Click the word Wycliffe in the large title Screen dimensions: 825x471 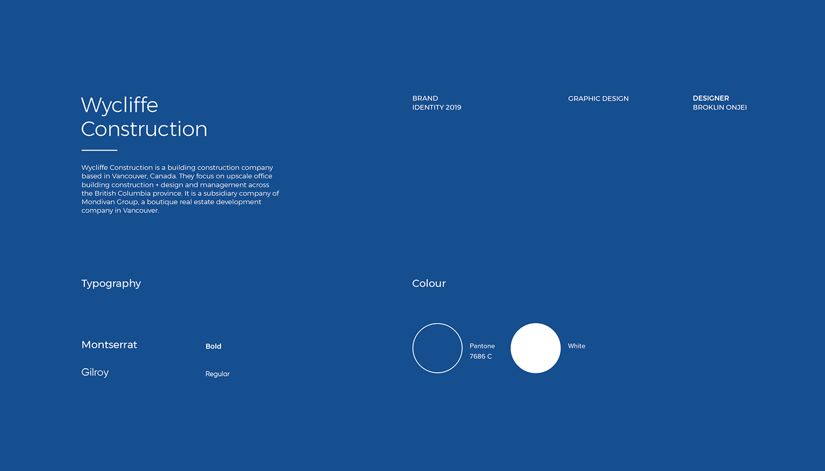coord(119,106)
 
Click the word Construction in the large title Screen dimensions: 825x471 coord(144,129)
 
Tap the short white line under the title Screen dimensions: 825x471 coord(100,150)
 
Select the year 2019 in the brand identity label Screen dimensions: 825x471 coord(453,107)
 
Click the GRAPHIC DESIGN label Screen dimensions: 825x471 coord(598,99)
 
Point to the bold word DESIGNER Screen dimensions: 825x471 coord(711,98)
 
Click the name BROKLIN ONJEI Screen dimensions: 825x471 coord(720,107)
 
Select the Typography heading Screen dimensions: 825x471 coord(111,284)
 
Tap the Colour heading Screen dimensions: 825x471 coord(429,283)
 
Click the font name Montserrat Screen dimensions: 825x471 coord(109,345)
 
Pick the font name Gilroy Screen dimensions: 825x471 coord(95,372)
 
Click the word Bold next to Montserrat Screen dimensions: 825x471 coord(213,346)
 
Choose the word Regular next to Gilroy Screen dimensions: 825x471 coord(217,374)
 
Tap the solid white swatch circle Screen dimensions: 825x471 coord(536,348)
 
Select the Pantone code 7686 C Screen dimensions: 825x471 coord(481,356)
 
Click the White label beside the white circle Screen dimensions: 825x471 coord(576,346)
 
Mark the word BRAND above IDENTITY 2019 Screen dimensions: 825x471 coord(425,98)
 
